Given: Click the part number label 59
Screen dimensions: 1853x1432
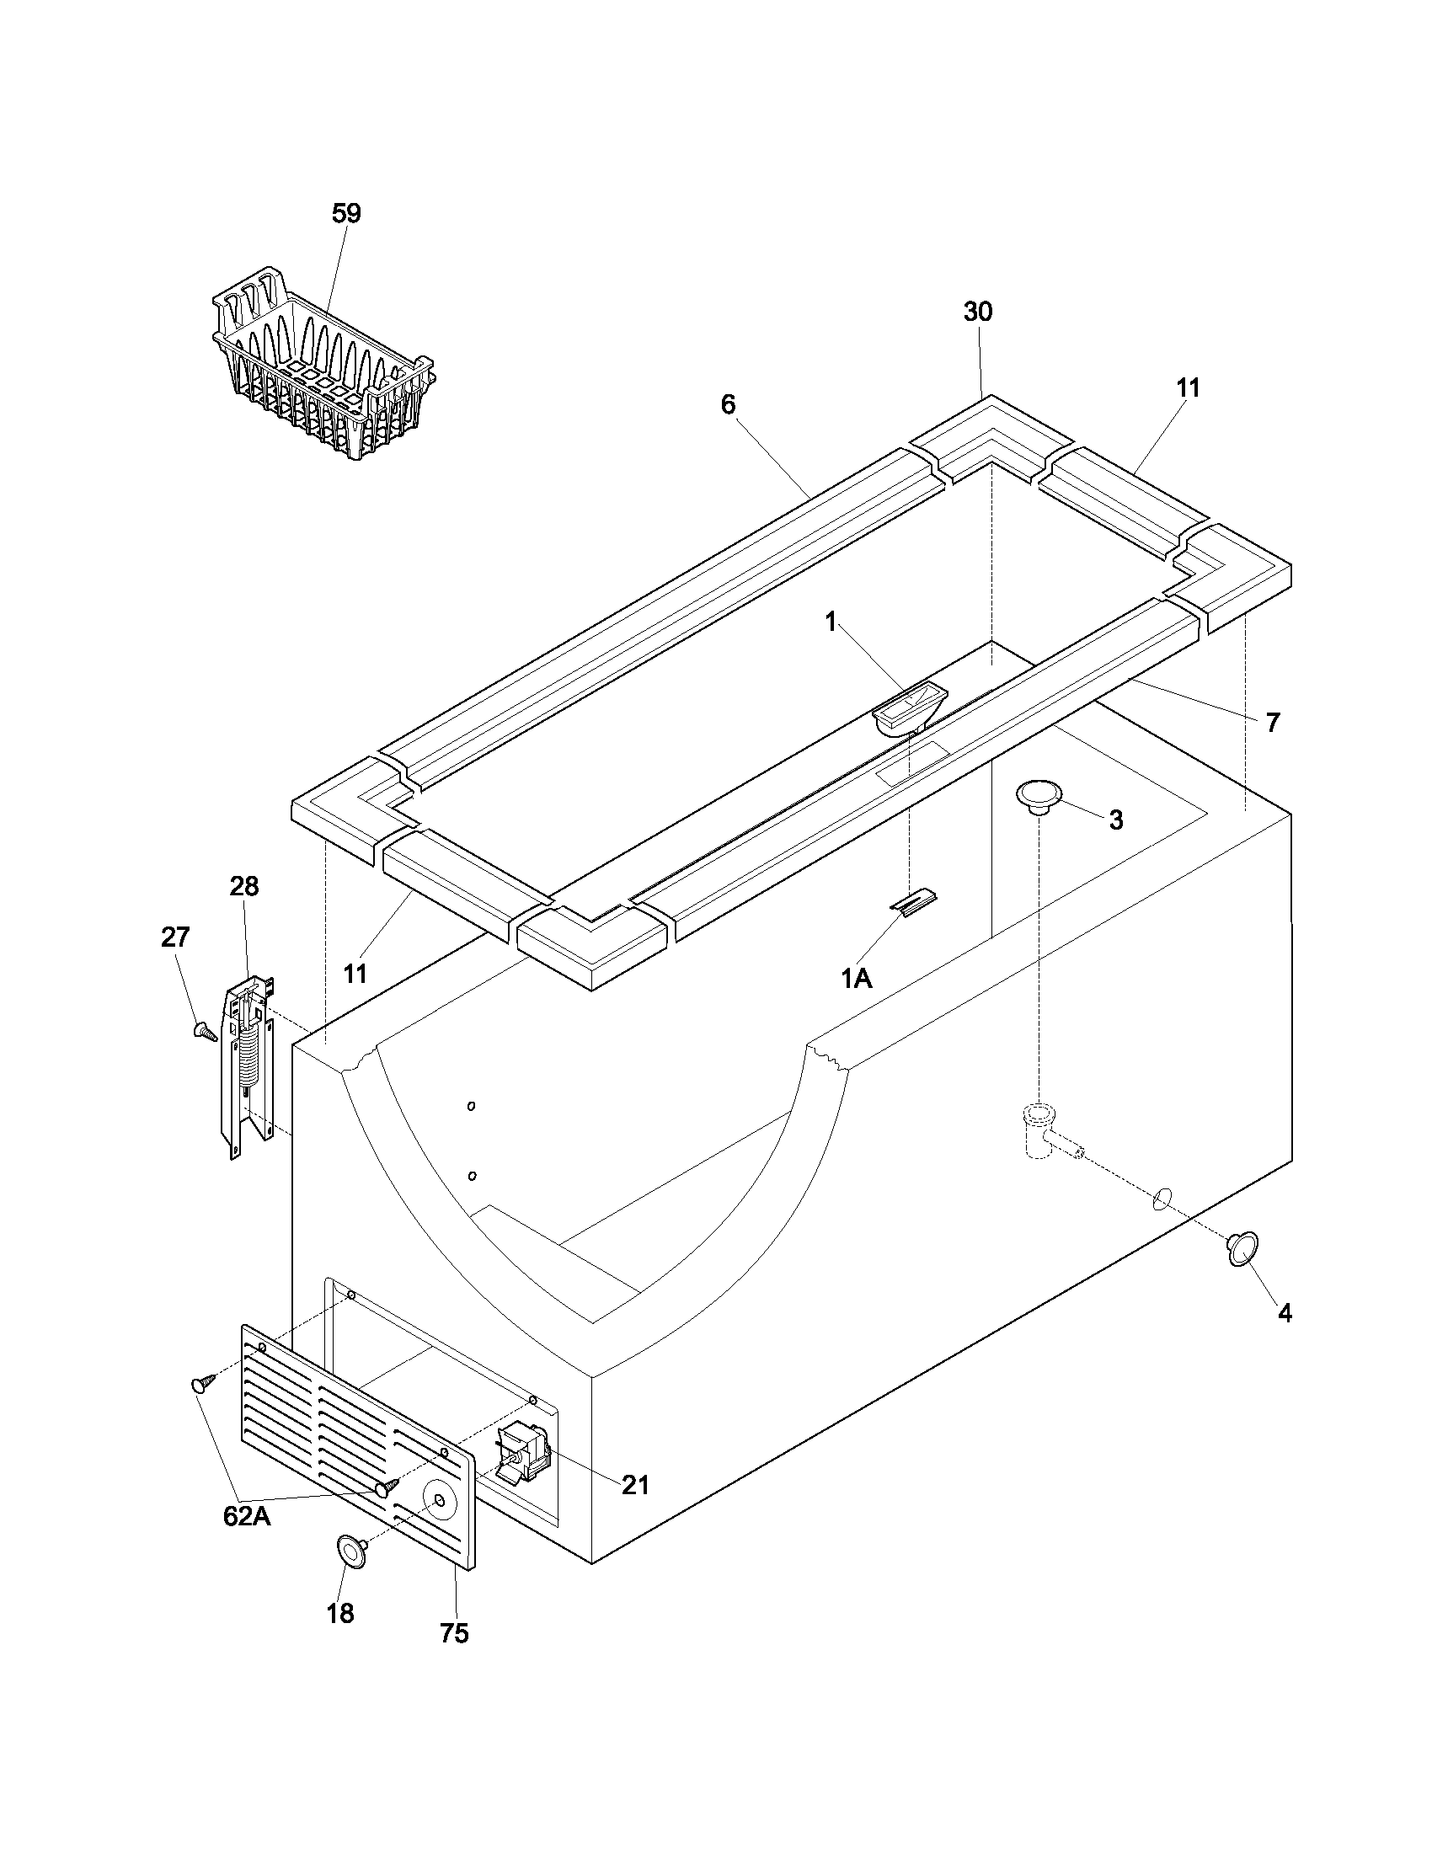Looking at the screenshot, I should tap(346, 213).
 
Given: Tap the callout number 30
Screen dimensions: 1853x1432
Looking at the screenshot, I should tap(977, 312).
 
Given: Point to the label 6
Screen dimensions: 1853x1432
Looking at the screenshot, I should tap(728, 404).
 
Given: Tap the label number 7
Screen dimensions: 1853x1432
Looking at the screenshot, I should tap(1273, 723).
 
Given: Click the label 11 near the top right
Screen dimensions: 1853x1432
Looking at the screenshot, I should tap(1189, 387).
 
